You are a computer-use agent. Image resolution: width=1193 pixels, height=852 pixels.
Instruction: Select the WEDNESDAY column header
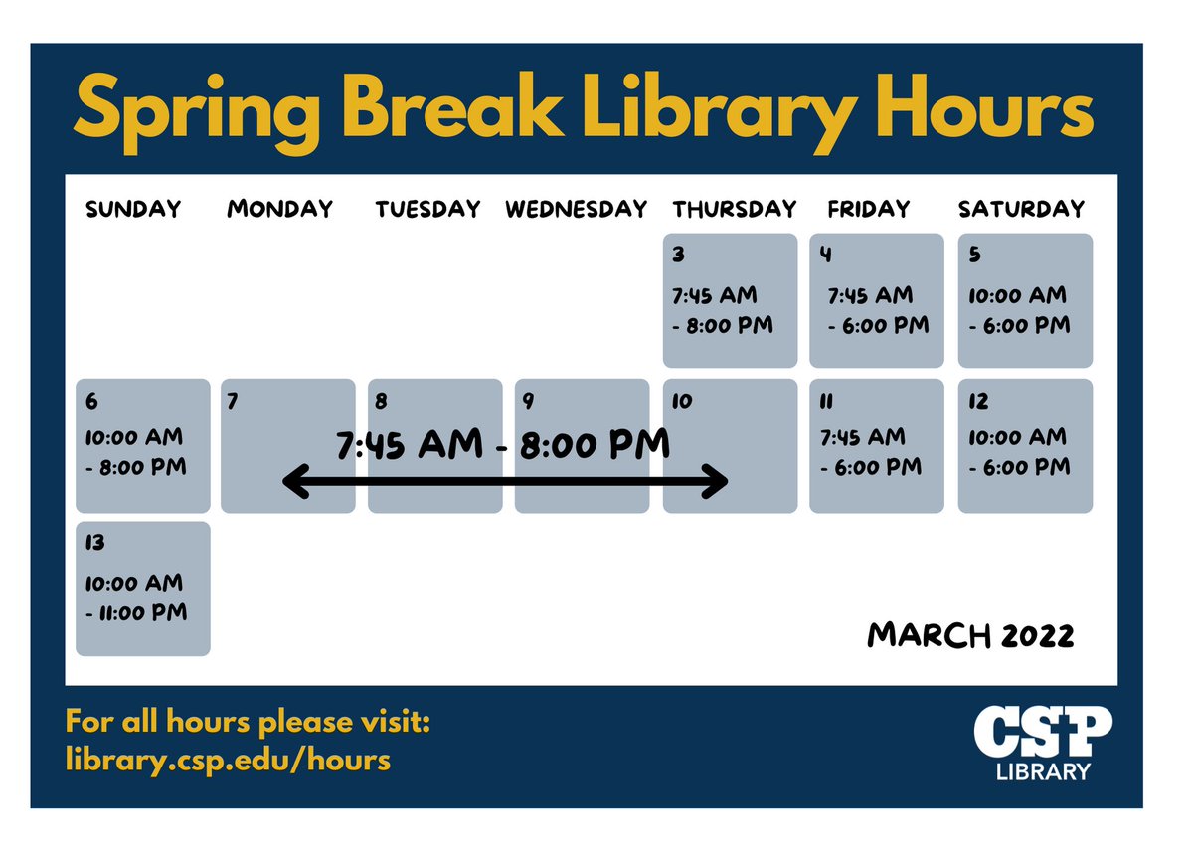pyautogui.click(x=576, y=209)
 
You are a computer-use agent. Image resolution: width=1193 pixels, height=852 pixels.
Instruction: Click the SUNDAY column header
pyautogui.click(x=133, y=209)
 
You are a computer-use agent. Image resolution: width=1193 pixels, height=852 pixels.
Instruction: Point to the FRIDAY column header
pyautogui.click(x=868, y=209)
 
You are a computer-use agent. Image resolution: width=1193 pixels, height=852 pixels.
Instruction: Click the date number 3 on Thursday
pyautogui.click(x=678, y=255)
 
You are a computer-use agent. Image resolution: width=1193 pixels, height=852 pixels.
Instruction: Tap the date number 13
pyautogui.click(x=94, y=543)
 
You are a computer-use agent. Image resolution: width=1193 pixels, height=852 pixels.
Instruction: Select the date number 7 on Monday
pyautogui.click(x=233, y=402)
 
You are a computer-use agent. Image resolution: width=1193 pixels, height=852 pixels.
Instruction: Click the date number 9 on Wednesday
pyautogui.click(x=528, y=402)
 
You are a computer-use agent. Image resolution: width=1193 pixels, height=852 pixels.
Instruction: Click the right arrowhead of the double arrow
pyautogui.click(x=718, y=483)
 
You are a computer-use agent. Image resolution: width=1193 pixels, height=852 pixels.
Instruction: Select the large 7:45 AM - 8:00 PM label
pyautogui.click(x=503, y=445)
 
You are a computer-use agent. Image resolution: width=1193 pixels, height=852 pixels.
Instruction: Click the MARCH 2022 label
pyautogui.click(x=970, y=635)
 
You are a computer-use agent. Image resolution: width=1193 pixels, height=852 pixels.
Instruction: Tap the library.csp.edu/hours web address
pyautogui.click(x=228, y=761)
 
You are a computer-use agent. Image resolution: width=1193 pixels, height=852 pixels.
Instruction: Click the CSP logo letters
pyautogui.click(x=1042, y=733)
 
